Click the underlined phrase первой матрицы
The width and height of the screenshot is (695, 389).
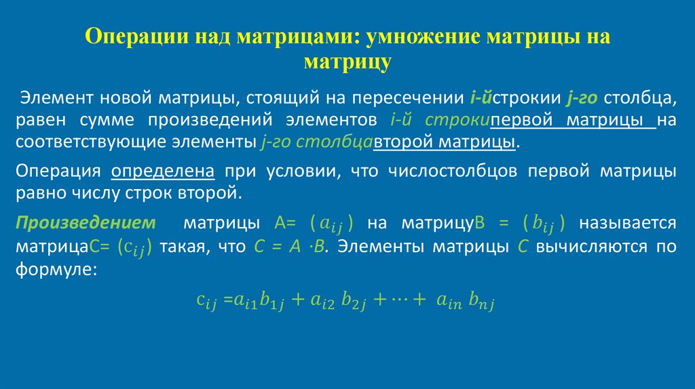point(569,121)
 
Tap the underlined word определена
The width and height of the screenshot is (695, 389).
point(163,171)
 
